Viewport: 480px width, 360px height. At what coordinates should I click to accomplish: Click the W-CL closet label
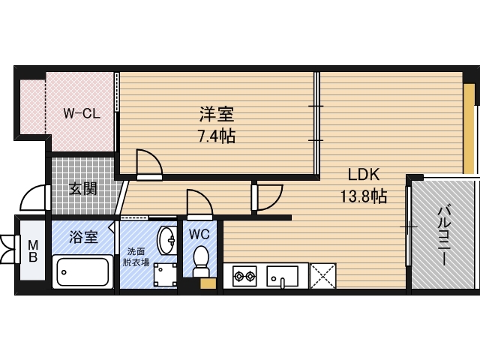click(81, 114)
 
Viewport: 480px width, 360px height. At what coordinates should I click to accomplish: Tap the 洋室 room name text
click(217, 115)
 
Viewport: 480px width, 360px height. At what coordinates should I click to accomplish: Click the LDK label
click(364, 175)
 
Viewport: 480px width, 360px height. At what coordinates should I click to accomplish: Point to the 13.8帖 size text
click(363, 196)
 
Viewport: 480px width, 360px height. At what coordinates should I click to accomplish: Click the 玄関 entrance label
click(83, 187)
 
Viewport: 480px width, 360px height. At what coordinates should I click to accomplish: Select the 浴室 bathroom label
click(83, 237)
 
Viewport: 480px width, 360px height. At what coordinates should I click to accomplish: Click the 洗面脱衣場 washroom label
click(136, 256)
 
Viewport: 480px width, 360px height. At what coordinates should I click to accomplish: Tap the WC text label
click(199, 233)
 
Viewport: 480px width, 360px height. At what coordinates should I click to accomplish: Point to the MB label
click(33, 250)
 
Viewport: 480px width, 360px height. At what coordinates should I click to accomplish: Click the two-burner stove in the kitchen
click(244, 276)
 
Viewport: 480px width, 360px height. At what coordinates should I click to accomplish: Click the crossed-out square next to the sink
click(322, 276)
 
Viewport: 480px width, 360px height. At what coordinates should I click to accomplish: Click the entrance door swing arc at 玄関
click(34, 197)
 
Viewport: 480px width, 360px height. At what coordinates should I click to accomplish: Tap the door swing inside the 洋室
click(148, 163)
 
